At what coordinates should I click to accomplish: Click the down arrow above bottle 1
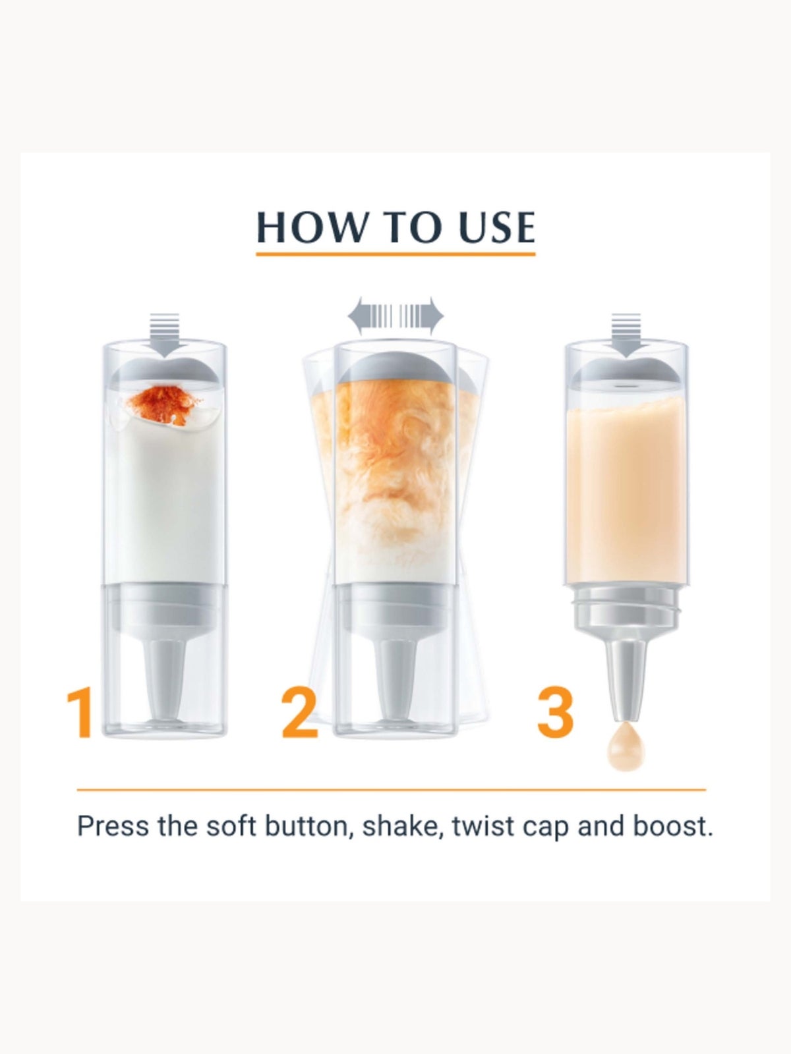point(165,335)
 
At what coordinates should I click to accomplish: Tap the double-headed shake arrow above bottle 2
point(395,316)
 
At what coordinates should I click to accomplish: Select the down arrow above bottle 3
point(626,335)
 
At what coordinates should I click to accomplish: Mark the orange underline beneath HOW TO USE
point(395,253)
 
